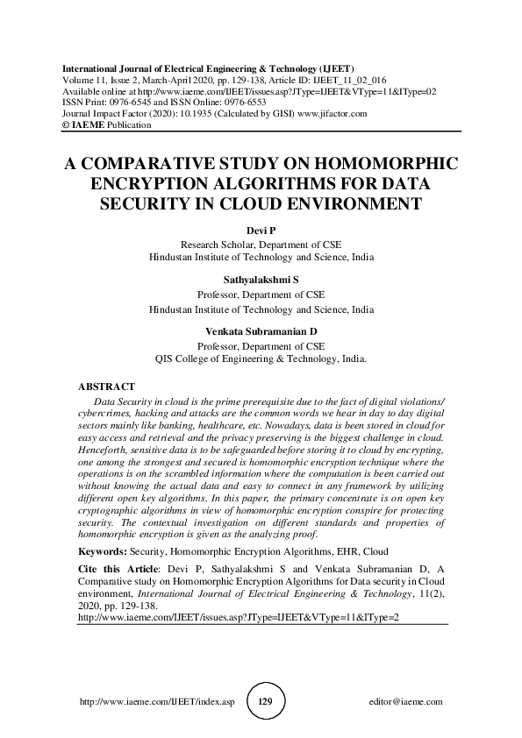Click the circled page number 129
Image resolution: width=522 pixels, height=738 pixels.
tap(261, 702)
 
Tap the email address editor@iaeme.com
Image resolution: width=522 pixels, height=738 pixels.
tap(407, 702)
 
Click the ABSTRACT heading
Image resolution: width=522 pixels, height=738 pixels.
tap(106, 387)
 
